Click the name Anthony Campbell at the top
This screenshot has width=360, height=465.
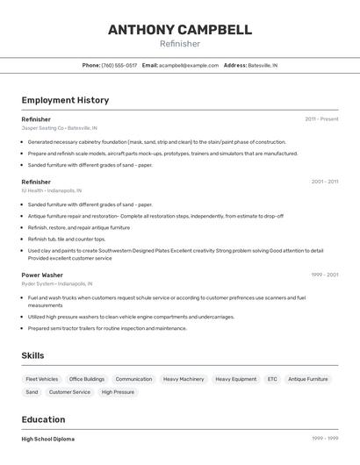180,29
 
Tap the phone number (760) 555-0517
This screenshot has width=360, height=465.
119,65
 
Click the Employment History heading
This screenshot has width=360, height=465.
65,100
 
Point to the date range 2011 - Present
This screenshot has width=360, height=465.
321,118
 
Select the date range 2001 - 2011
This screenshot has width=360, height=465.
324,182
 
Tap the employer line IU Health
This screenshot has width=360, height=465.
52,190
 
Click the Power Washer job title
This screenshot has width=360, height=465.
42,275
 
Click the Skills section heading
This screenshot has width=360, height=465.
33,355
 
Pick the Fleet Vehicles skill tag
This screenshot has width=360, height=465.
42,379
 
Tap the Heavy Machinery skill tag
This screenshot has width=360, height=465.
184,379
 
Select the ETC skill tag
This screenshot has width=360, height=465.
272,379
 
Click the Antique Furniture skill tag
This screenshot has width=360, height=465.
308,379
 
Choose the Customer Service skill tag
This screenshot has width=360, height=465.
69,392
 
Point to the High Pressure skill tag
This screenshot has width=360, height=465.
118,392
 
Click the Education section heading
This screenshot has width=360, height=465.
43,419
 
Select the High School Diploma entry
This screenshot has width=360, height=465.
48,439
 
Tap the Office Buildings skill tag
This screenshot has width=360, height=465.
87,379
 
